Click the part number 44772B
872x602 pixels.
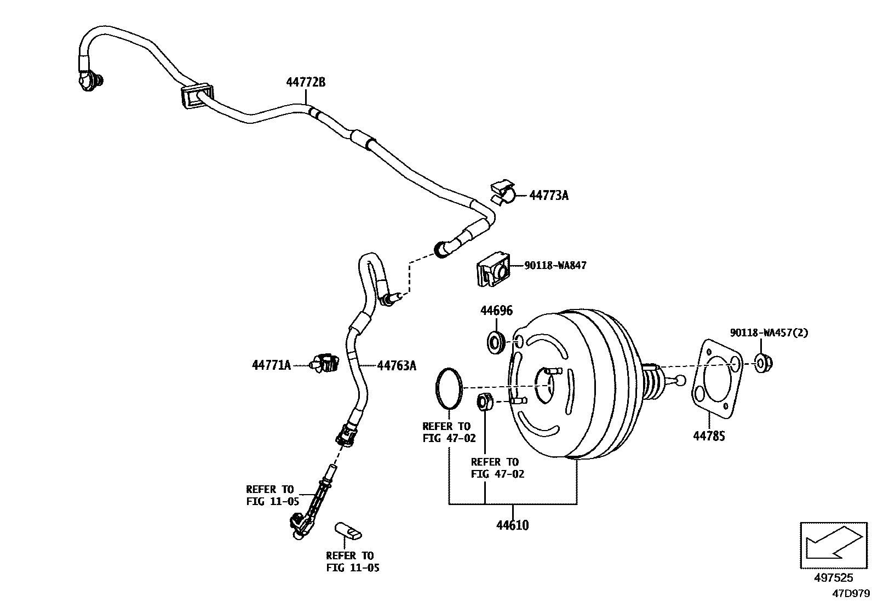pos(305,83)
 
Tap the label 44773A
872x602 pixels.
pos(548,196)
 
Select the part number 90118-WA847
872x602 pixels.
pos(555,266)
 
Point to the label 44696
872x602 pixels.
pos(496,311)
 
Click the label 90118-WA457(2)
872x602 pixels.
pos(768,332)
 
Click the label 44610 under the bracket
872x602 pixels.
pos(512,525)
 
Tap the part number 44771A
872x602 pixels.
pos(271,365)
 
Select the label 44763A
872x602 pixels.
pos(396,365)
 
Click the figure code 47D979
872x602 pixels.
pos(851,593)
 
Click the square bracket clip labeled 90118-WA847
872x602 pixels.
pos(491,269)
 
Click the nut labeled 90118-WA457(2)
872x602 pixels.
pos(762,362)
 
